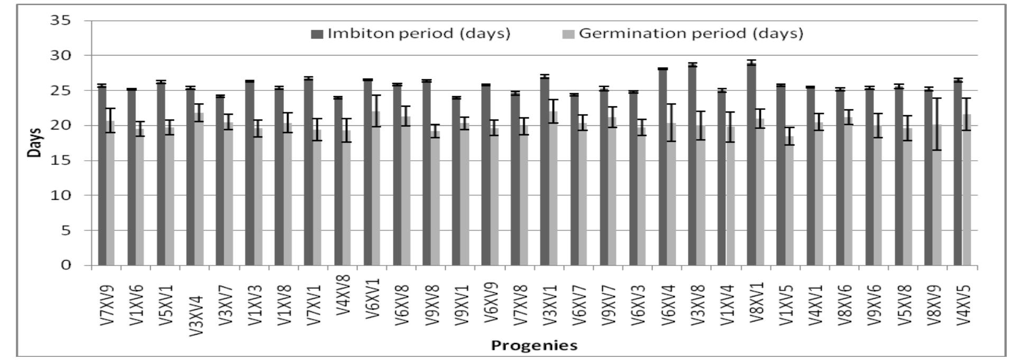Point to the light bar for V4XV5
pyautogui.click(x=967, y=190)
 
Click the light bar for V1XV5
pyautogui.click(x=789, y=201)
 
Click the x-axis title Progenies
pyautogui.click(x=534, y=346)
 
